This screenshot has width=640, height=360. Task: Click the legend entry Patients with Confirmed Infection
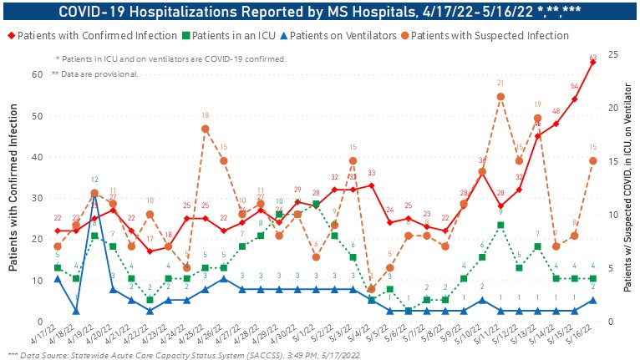pyautogui.click(x=74, y=36)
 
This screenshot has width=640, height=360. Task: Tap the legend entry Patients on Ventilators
pyautogui.click(x=353, y=36)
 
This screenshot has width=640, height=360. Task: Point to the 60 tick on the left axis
pyautogui.click(x=37, y=74)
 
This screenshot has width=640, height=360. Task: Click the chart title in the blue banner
pyautogui.click(x=320, y=11)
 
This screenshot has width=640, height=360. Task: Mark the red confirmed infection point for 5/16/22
pyautogui.click(x=592, y=62)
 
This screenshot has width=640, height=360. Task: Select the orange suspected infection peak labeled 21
pyautogui.click(x=500, y=96)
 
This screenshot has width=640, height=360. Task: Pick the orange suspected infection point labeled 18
pyautogui.click(x=206, y=129)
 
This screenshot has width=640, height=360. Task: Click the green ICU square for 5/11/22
pyautogui.click(x=500, y=225)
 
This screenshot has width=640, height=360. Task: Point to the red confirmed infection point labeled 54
pyautogui.click(x=574, y=99)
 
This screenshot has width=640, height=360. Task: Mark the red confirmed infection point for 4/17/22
pyautogui.click(x=58, y=231)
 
